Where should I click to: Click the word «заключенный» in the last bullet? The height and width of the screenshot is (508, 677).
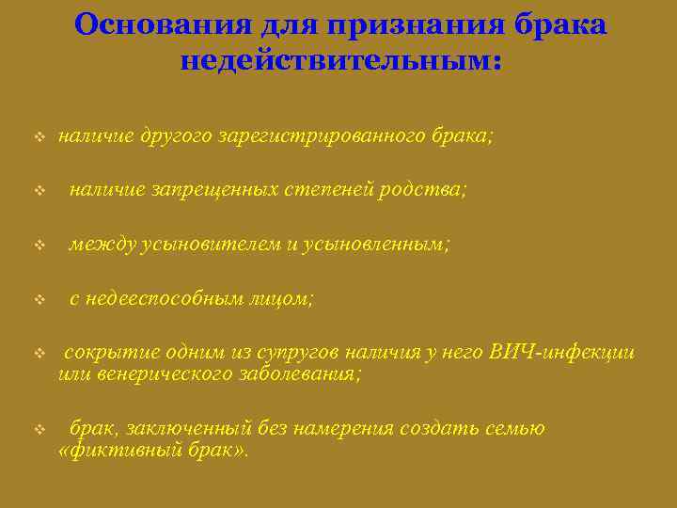pyautogui.click(x=181, y=429)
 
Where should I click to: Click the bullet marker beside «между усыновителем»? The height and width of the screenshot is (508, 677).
pyautogui.click(x=39, y=246)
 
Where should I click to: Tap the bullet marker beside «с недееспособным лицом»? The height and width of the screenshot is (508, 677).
pyautogui.click(x=39, y=300)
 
